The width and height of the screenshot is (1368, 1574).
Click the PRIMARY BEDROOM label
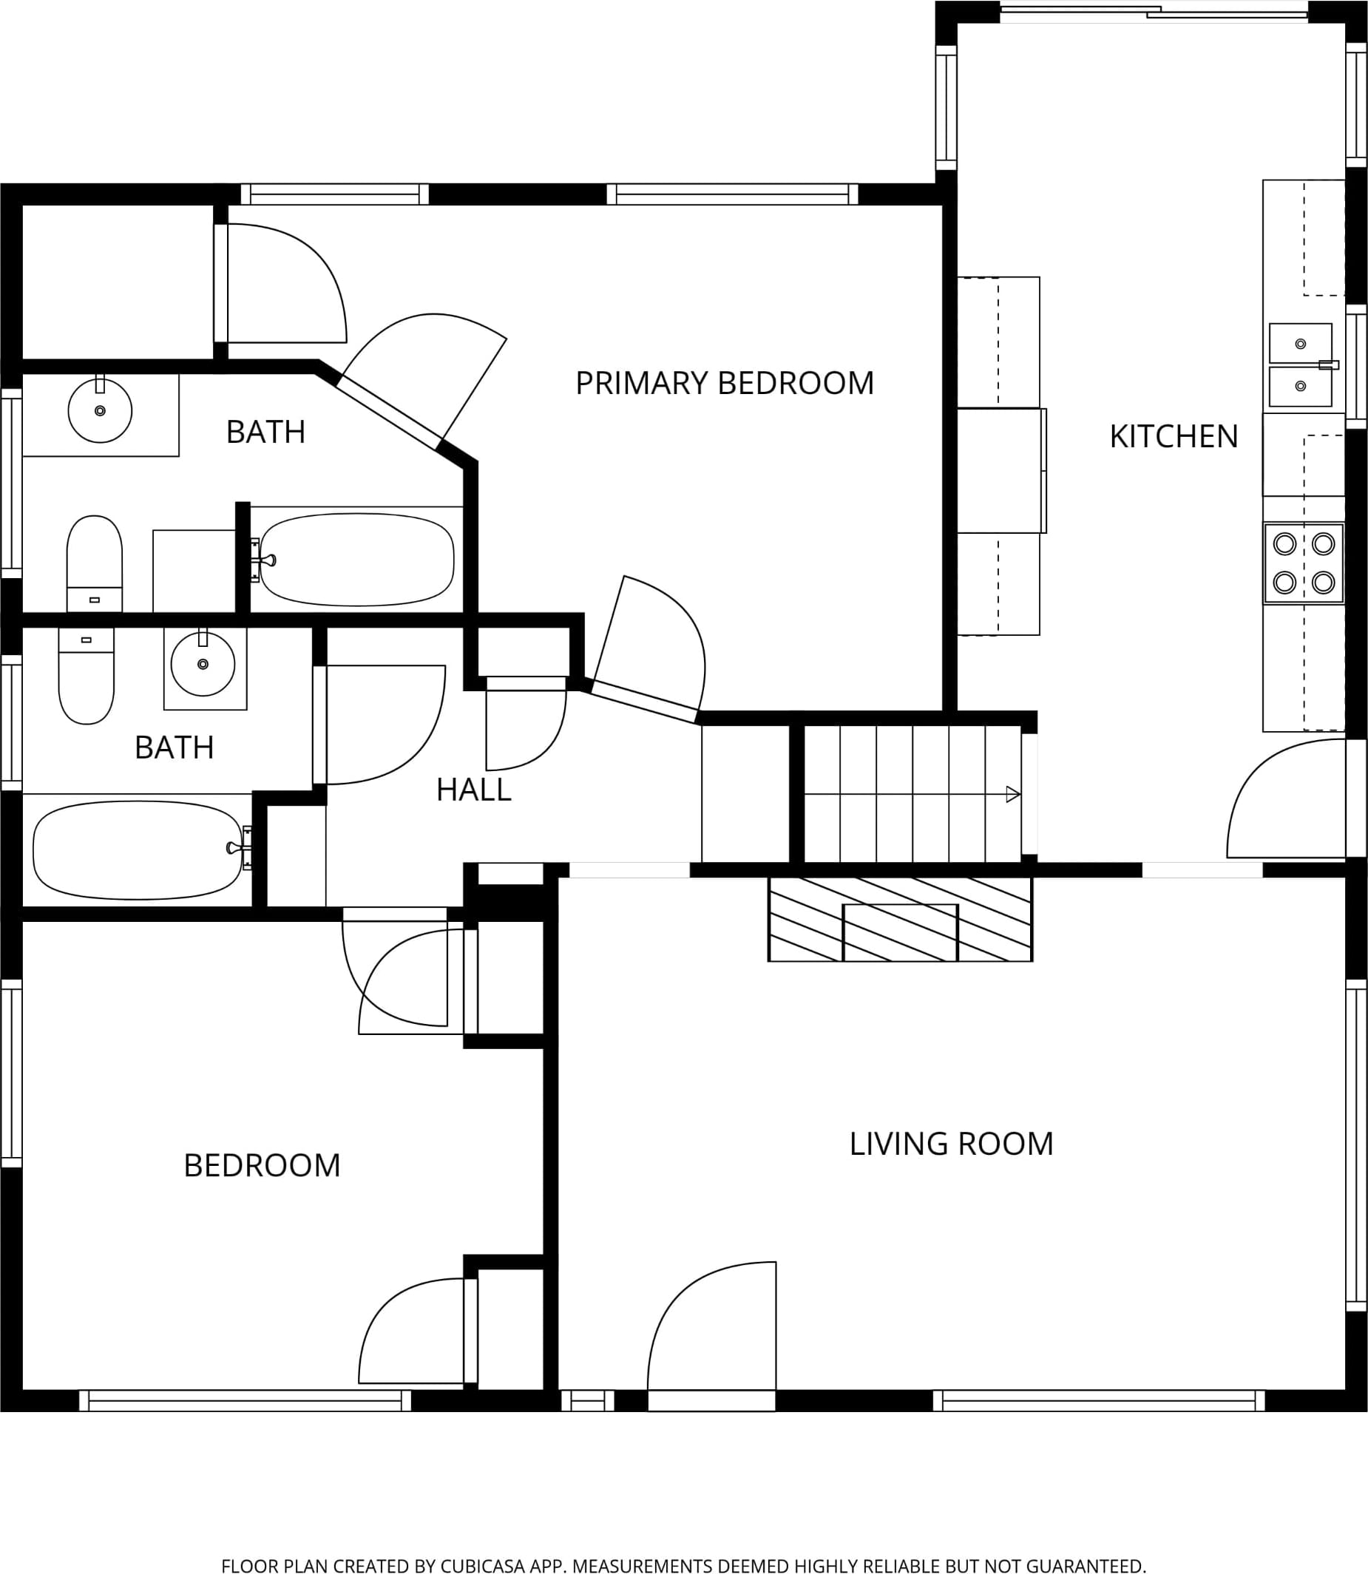[x=725, y=383]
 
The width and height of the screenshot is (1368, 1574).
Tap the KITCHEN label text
[x=1174, y=437]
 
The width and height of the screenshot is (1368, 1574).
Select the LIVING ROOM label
[x=951, y=1144]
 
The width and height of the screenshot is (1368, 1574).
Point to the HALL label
[x=473, y=790]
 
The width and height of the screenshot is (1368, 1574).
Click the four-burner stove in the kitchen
[x=1304, y=563]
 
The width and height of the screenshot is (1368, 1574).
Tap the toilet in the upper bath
[x=95, y=563]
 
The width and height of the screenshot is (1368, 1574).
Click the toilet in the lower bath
[x=87, y=676]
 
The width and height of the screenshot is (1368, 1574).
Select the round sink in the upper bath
[x=100, y=410]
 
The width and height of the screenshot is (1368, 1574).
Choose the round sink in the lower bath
[x=203, y=663]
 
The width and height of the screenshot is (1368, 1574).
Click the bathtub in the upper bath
[x=357, y=560]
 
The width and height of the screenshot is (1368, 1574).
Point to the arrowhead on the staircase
[x=1014, y=795]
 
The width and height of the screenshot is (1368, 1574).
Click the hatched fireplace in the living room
[x=900, y=919]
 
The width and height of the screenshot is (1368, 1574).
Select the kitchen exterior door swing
[x=1287, y=798]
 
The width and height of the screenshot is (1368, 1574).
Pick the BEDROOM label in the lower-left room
[x=262, y=1166]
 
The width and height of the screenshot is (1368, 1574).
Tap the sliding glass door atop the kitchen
[x=1154, y=11]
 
